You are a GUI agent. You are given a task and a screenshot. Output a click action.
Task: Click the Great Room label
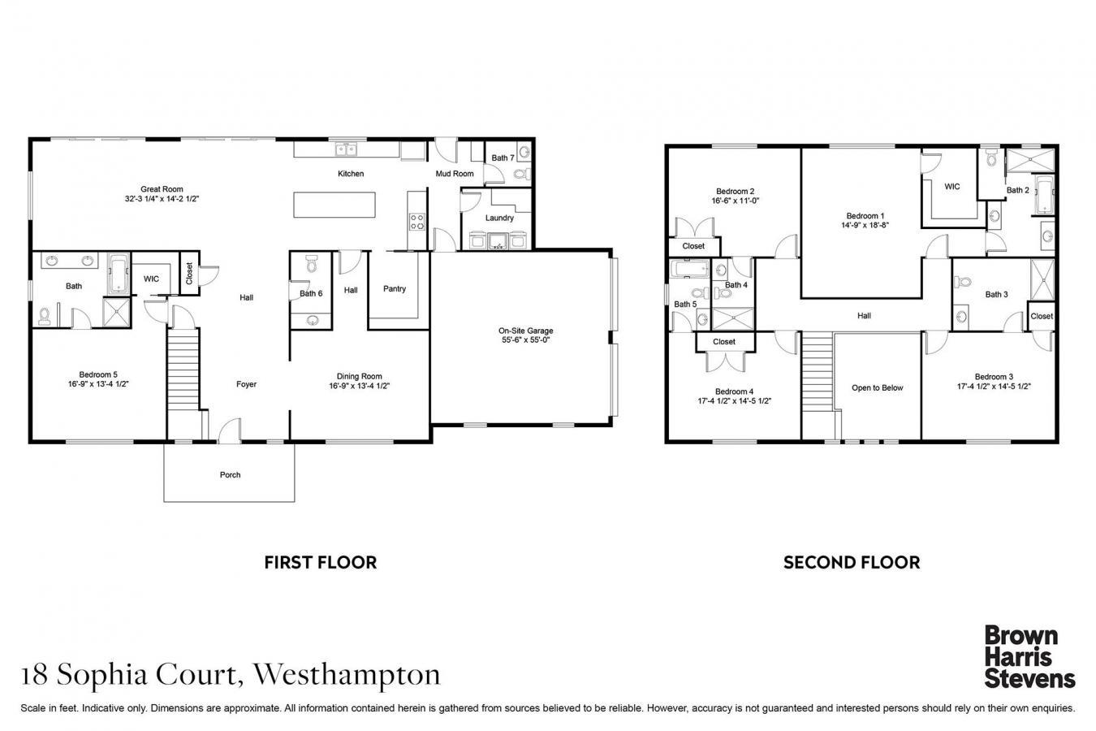pos(162,189)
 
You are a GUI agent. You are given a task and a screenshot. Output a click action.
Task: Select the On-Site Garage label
pos(525,331)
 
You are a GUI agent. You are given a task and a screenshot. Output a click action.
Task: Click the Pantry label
pos(395,289)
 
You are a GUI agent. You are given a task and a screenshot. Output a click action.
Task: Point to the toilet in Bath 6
pos(310,265)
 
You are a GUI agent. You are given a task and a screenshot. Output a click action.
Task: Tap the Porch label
pos(230,475)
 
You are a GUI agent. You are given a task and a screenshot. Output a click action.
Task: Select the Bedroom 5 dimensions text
pos(98,385)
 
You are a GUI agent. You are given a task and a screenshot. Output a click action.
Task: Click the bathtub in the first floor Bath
pos(119,274)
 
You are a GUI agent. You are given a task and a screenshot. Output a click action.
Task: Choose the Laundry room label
pos(499,218)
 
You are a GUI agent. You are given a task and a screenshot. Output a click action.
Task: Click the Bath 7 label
pos(503,158)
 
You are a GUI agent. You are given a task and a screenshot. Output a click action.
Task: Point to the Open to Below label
pos(877,388)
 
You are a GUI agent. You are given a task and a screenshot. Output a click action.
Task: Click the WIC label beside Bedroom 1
pos(952,187)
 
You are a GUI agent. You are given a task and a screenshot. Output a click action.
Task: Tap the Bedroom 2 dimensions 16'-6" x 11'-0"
pos(736,201)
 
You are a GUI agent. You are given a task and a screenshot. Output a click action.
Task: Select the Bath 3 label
pos(996,295)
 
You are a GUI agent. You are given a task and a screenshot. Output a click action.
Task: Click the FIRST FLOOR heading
pos(320,562)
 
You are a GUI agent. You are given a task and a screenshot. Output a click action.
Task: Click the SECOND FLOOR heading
pos(851,562)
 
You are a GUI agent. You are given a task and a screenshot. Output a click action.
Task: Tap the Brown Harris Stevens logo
pos(1029,656)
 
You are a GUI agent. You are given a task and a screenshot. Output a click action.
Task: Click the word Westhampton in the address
pos(347,674)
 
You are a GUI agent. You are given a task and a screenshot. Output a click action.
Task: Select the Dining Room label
pos(359,377)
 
